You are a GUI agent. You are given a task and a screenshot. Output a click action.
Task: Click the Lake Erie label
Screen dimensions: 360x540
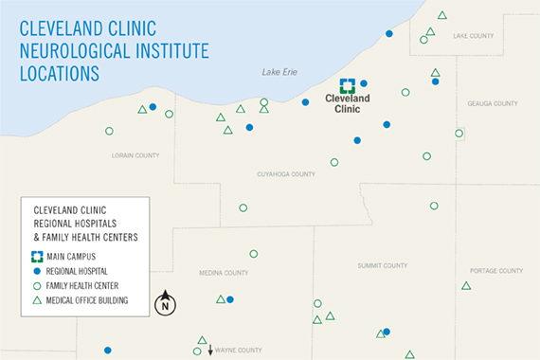coord(280,72)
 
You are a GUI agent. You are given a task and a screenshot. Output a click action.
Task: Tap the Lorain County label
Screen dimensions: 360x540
coord(135,154)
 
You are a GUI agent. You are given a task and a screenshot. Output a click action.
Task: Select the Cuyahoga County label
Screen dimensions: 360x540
coord(286,174)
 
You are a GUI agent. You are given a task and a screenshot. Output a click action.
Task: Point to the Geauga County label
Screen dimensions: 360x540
coord(493,103)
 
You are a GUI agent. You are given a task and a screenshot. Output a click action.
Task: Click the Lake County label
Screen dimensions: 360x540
coord(474,36)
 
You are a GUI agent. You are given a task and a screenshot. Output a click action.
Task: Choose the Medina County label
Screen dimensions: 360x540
coord(224,273)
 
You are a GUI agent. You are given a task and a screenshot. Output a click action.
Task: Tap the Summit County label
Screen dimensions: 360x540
coord(383,266)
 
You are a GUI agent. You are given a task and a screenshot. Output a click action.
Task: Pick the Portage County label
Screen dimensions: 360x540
coord(496,271)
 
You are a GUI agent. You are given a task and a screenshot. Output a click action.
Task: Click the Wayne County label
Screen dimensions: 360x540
coord(238,351)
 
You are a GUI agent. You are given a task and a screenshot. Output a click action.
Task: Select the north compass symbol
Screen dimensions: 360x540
coord(166,303)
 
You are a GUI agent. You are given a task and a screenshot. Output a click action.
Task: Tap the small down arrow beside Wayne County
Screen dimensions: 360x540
coord(210,351)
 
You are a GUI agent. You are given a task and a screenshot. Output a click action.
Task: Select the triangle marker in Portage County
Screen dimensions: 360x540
coord(466,285)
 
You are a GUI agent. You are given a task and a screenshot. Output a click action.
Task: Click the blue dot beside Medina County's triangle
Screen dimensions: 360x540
coord(230,299)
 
